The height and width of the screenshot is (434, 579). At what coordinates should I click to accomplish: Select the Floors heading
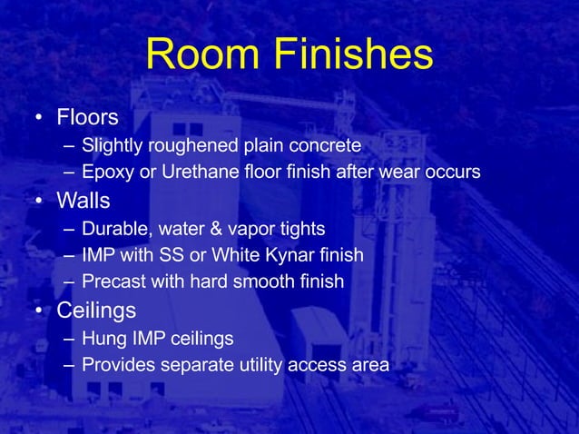click(88, 118)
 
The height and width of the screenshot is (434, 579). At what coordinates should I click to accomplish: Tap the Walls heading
click(84, 199)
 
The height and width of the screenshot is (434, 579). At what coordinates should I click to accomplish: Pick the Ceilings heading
click(96, 311)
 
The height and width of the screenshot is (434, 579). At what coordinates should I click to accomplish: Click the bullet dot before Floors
click(38, 119)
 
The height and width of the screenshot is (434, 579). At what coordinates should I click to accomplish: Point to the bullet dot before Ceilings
click(38, 311)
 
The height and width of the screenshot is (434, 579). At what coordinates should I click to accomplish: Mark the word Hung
click(101, 339)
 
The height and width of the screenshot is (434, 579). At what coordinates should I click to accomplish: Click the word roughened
click(185, 145)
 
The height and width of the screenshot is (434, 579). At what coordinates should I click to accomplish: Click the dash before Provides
click(70, 366)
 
